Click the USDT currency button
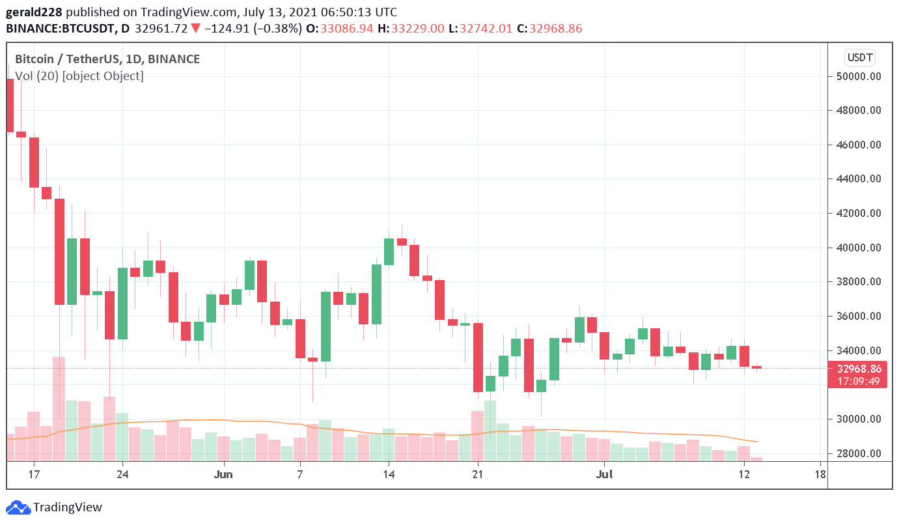(859, 57)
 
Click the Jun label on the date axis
(223, 474)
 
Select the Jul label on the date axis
(605, 474)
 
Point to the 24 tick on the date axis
(122, 474)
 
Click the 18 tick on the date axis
(820, 474)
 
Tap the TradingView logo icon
(18, 507)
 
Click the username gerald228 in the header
(34, 12)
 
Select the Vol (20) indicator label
(37, 76)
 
